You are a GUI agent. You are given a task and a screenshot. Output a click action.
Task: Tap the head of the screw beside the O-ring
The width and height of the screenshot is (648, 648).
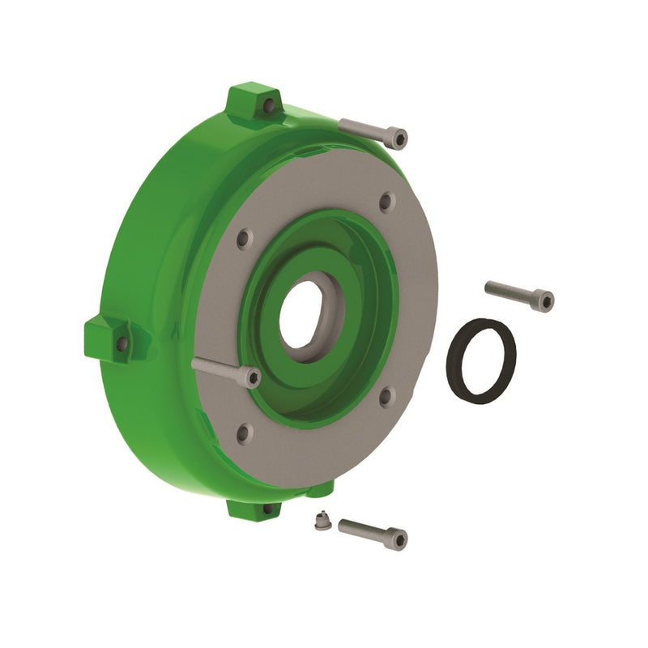(545, 301)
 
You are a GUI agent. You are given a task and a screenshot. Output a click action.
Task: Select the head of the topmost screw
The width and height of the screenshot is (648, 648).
(397, 139)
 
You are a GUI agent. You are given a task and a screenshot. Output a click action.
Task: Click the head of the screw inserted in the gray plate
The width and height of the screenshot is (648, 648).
(251, 377)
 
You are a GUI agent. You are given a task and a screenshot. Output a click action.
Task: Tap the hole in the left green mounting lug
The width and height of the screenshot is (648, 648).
(122, 343)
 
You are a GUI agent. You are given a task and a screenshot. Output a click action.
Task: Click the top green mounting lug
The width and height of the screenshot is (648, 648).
(251, 101)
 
